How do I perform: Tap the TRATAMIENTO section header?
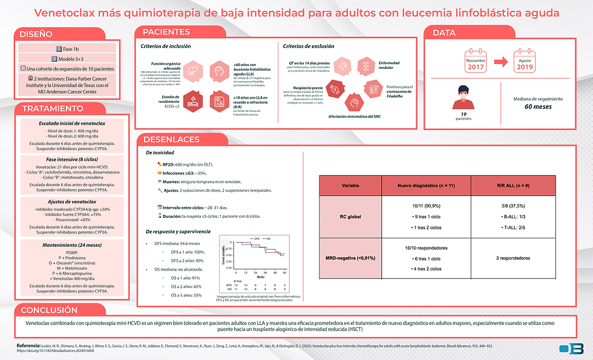click(x=53, y=109)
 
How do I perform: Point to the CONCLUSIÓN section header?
click(x=50, y=310)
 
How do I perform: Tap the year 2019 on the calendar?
click(x=525, y=67)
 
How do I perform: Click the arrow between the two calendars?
click(x=500, y=61)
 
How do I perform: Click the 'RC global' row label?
click(x=350, y=217)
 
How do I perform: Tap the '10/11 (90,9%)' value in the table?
click(x=426, y=206)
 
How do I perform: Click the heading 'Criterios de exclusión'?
click(x=309, y=46)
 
